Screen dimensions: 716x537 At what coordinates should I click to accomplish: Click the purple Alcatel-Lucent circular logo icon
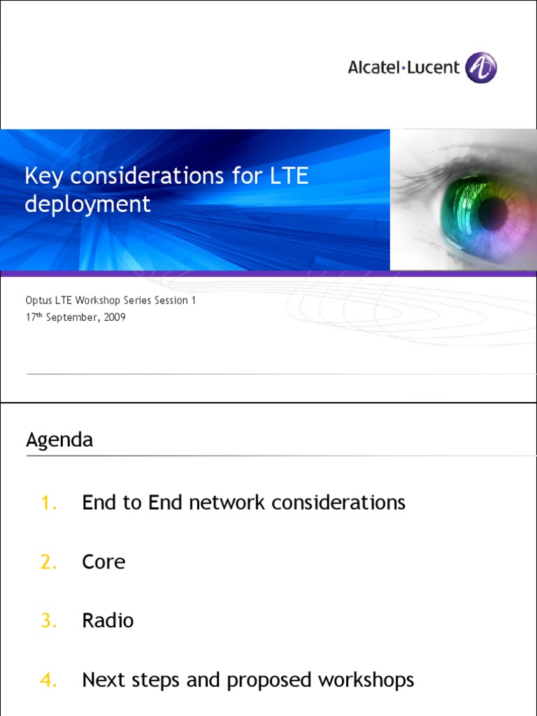click(481, 68)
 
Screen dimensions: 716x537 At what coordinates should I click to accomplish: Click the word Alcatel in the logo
click(373, 68)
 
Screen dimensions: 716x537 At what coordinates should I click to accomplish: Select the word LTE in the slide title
click(288, 176)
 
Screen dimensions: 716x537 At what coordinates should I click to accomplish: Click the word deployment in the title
click(87, 204)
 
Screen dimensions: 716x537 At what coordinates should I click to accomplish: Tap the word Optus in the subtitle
click(38, 301)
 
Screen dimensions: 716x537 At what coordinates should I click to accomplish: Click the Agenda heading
click(59, 440)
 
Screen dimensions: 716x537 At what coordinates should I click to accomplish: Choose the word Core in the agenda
click(103, 562)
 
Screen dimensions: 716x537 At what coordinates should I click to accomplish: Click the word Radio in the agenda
click(108, 621)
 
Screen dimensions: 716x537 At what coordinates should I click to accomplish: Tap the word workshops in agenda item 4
click(366, 680)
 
